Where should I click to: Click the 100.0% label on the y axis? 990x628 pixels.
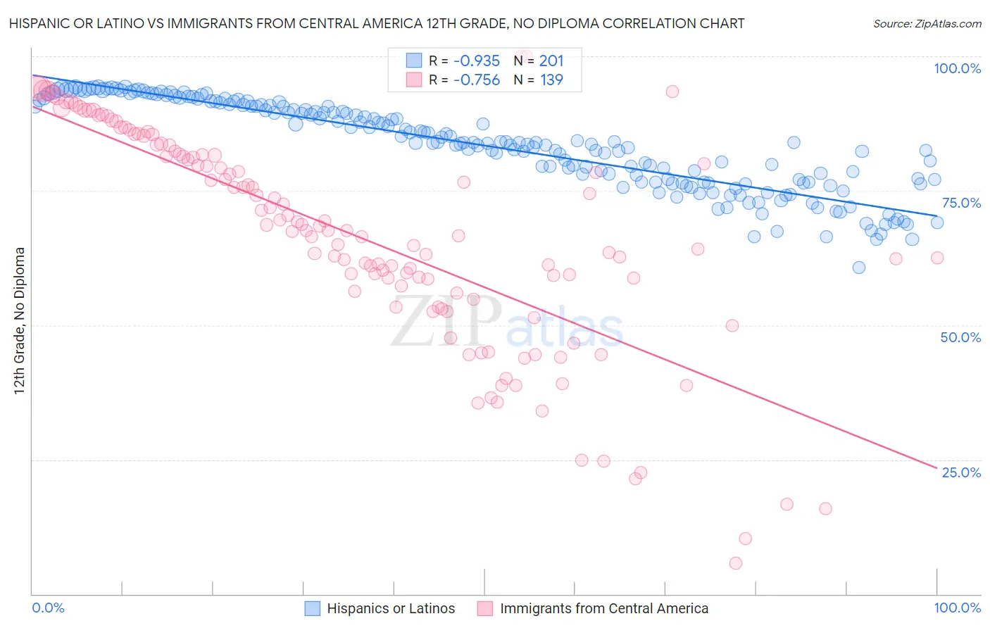click(x=957, y=68)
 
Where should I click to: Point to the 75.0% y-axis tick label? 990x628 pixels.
click(x=961, y=203)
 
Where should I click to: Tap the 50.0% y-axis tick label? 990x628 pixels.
click(x=960, y=337)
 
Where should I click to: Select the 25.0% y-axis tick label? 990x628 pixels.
click(x=961, y=472)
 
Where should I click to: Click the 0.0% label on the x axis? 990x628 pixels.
click(x=48, y=608)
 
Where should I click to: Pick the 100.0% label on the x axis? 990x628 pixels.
click(x=957, y=608)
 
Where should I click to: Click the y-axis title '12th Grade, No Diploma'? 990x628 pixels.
click(x=19, y=320)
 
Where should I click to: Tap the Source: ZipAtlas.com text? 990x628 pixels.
click(x=927, y=23)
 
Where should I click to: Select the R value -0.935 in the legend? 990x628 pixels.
click(x=476, y=61)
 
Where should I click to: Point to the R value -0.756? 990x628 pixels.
click(x=476, y=80)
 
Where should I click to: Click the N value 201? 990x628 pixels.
click(x=551, y=61)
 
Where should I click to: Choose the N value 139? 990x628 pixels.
click(x=551, y=80)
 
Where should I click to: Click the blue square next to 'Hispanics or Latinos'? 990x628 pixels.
click(x=313, y=608)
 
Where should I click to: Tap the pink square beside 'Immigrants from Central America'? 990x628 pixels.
click(x=485, y=608)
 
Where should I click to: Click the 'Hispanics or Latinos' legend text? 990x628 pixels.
click(x=391, y=608)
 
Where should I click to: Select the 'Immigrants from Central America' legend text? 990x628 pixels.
click(x=604, y=608)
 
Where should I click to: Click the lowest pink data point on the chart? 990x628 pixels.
click(x=736, y=563)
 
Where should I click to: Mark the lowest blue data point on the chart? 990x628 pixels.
click(x=858, y=268)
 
